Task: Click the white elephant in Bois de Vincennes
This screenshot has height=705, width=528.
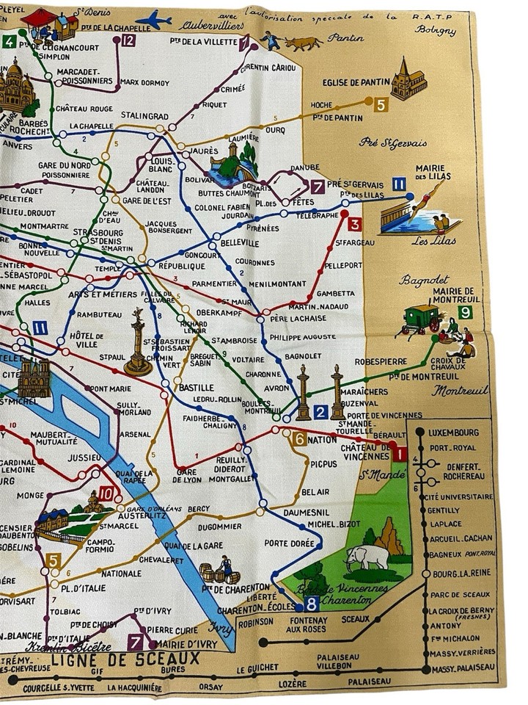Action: coord(369,556)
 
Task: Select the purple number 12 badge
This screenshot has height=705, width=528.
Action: coord(128,40)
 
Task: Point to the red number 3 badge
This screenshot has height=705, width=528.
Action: coord(354,224)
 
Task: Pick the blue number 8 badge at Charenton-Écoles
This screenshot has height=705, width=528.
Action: coord(312,604)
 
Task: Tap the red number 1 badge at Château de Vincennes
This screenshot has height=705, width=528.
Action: coord(399,453)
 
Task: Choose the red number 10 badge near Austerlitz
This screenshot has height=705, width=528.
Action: coord(106,494)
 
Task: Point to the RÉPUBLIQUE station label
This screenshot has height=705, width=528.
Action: coord(181,269)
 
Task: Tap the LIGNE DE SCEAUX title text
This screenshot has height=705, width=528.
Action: coord(125,658)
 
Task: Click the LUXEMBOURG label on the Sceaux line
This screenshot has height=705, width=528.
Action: coord(455,433)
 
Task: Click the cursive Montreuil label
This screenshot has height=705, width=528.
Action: coord(460,391)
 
